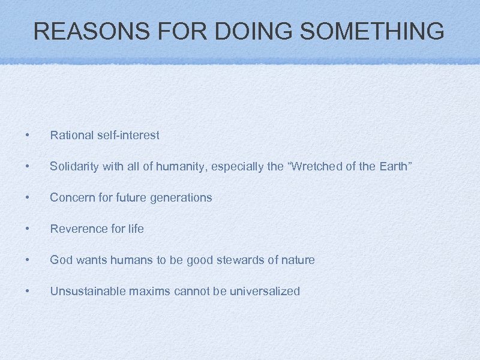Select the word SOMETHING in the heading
[x=372, y=31]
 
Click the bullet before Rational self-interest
[x=27, y=135]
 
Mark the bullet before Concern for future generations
[x=27, y=197]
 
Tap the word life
[x=136, y=229]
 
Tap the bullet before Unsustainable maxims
[x=27, y=291]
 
